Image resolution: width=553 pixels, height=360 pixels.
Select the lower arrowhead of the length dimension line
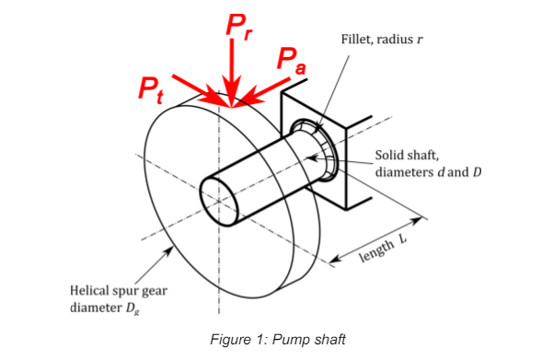(336, 260)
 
